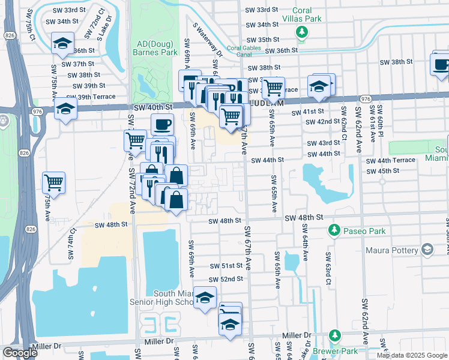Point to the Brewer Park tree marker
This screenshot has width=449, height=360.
pyautogui.click(x=335, y=336)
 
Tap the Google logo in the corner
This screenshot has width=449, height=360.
pyautogui.click(x=20, y=352)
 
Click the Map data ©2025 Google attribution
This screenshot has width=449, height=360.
pyautogui.click(x=412, y=355)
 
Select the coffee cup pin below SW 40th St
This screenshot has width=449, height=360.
pyautogui.click(x=161, y=125)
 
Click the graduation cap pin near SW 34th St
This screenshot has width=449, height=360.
pyautogui.click(x=62, y=43)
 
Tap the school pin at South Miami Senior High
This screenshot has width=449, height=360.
pyautogui.click(x=205, y=298)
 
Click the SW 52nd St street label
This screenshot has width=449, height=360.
pyautogui.click(x=226, y=280)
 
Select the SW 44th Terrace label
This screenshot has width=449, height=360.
pyautogui.click(x=396, y=160)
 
